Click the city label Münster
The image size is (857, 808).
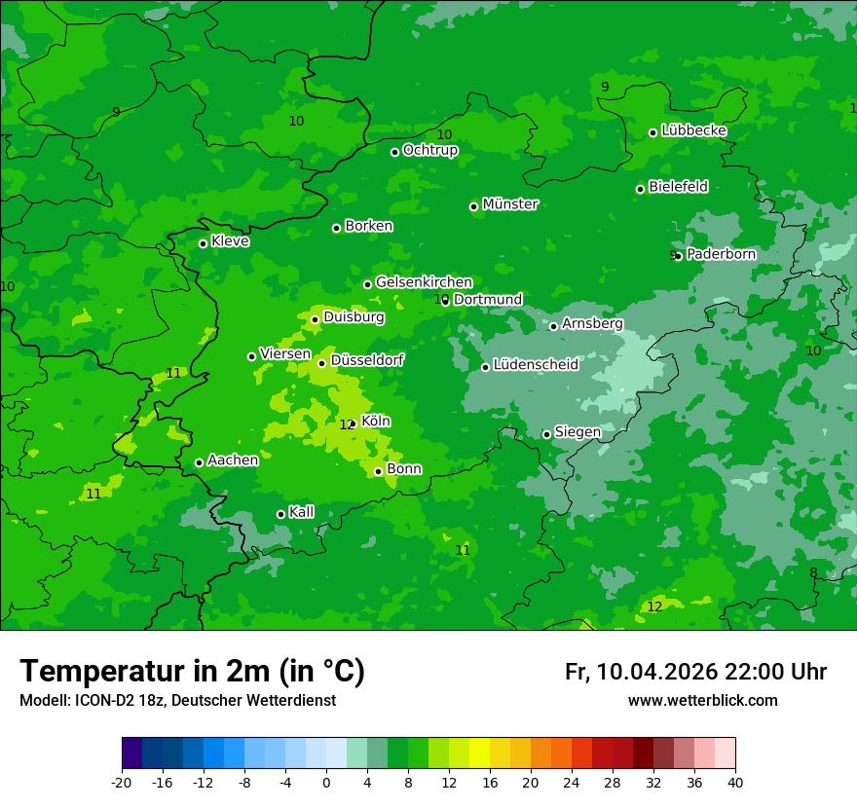pos(510,204)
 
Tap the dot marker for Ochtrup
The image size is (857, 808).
pos(395,152)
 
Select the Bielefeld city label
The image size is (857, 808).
pos(678,187)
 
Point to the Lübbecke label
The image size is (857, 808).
pos(693,130)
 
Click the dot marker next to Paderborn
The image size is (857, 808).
pos(678,256)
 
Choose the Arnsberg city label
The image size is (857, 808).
pos(592,324)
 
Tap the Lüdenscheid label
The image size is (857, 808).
pos(536,365)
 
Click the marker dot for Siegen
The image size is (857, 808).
pos(546,435)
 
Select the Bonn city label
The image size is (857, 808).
pos(404,469)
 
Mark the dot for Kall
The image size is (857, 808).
pos(280,514)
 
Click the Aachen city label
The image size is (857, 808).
pos(233,460)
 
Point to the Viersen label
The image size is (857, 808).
pos(285,354)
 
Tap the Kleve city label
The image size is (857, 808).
pos(230,241)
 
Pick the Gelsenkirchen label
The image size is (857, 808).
pos(424,282)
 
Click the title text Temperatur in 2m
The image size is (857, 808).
pos(193,671)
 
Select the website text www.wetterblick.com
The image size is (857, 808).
pos(702,701)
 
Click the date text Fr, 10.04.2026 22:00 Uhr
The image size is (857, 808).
pos(695,672)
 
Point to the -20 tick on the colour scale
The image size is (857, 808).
pos(122,782)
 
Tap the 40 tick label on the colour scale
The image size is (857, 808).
pos(734,782)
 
